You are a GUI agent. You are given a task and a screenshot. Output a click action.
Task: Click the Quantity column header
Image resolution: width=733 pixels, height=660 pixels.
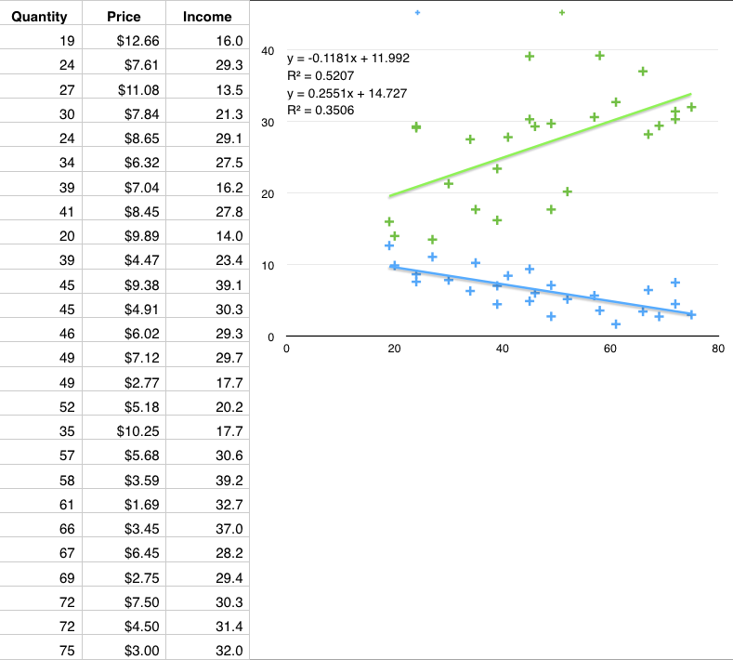coord(40,17)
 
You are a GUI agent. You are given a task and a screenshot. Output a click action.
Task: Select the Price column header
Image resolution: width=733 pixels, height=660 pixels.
coord(124,17)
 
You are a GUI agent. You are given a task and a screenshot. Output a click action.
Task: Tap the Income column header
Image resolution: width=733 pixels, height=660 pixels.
coord(207,17)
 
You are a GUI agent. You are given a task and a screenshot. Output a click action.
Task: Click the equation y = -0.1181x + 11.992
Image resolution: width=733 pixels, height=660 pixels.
coord(348,58)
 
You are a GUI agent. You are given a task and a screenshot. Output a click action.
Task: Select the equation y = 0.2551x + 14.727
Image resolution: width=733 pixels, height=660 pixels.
coord(345,93)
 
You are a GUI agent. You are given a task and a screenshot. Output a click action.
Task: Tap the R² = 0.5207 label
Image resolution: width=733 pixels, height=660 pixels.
coord(320,75)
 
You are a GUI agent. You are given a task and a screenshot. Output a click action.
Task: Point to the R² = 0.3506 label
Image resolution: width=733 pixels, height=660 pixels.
coord(320,111)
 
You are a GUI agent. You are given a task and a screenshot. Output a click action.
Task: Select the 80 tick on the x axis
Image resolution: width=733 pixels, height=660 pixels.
coord(717,349)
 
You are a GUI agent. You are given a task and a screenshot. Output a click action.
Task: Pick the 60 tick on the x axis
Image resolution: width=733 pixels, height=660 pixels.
coord(609,349)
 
